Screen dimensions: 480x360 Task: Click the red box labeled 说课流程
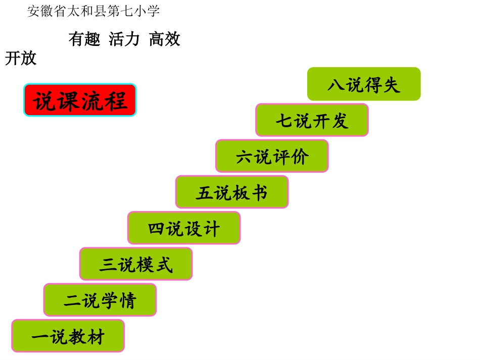(x=80, y=100)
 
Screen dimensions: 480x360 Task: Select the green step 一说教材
(x=68, y=336)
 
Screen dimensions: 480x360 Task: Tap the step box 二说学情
(x=100, y=300)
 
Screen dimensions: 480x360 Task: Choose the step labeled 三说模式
(x=136, y=264)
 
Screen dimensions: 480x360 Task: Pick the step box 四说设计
(x=184, y=228)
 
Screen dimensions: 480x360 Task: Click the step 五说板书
(x=232, y=192)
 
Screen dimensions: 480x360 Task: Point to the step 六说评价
(x=272, y=157)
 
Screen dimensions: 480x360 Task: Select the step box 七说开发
(x=312, y=120)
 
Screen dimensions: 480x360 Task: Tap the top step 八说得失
(x=364, y=84)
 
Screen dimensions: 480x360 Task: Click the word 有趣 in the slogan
(x=84, y=39)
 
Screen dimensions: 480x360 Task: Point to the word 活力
(x=124, y=39)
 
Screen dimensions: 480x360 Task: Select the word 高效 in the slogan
(x=165, y=39)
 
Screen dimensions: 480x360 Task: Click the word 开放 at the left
(x=21, y=59)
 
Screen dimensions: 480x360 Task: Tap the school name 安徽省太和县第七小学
(x=93, y=11)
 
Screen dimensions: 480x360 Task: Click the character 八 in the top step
(x=336, y=85)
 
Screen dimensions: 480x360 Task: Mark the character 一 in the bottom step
(x=40, y=337)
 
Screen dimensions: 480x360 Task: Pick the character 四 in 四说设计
(x=157, y=229)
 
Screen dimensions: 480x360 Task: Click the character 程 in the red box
(x=117, y=100)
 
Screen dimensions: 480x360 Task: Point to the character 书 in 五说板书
(x=260, y=192)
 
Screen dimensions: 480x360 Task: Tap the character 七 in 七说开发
(x=284, y=121)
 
